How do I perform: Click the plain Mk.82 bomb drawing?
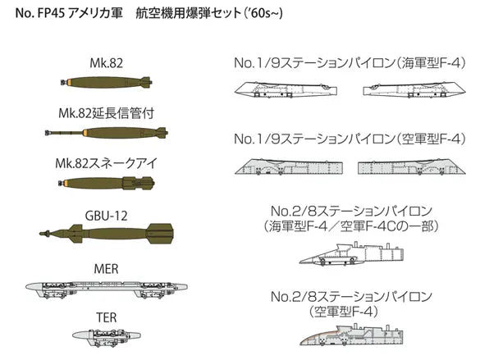(x=106, y=82)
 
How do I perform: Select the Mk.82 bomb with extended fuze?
(x=107, y=133)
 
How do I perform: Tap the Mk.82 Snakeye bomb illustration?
(x=106, y=183)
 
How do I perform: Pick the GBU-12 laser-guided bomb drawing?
(x=106, y=234)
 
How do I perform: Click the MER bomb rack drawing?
(x=106, y=289)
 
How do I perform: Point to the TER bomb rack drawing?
(x=107, y=337)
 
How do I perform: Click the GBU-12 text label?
(x=106, y=216)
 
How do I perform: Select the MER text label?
(x=106, y=269)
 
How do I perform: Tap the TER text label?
(x=107, y=317)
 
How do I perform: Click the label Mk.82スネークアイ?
(x=106, y=163)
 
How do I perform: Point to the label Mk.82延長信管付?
(x=106, y=113)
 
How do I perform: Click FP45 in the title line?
(x=51, y=13)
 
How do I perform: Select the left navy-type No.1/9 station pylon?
(x=286, y=89)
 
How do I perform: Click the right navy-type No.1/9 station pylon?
(x=414, y=89)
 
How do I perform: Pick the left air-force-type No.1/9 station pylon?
(x=289, y=166)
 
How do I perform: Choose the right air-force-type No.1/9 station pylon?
(x=412, y=166)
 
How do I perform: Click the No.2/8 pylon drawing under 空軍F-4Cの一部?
(x=351, y=253)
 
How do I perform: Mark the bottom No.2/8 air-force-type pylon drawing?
(x=351, y=335)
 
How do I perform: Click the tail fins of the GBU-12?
(x=159, y=234)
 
